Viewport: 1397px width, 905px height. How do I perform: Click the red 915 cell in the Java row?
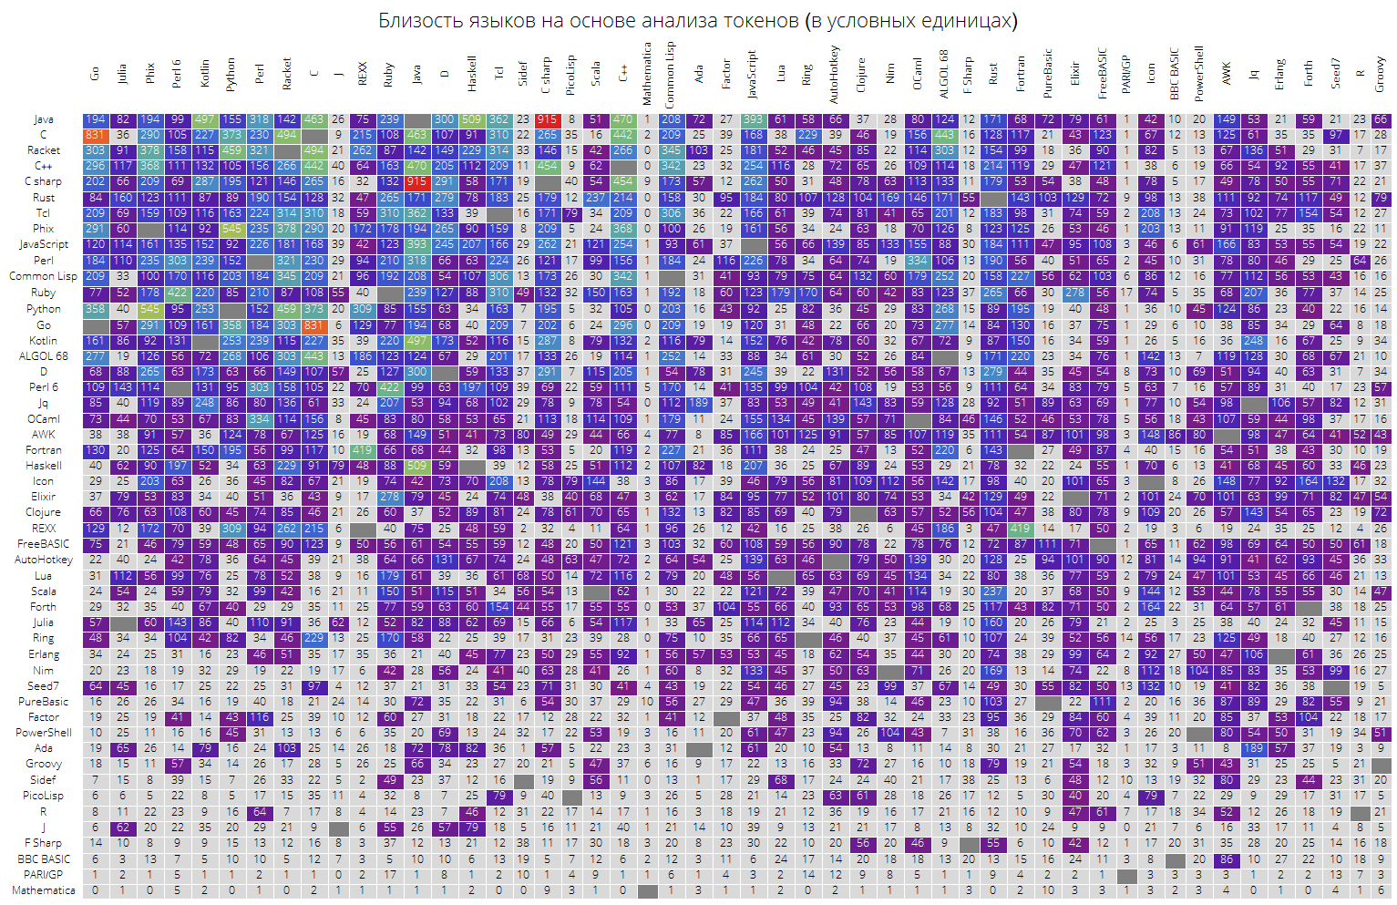point(547,119)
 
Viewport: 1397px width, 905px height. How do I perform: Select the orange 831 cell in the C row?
point(95,135)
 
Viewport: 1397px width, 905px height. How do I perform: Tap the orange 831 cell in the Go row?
point(313,324)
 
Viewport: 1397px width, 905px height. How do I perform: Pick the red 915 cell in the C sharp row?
point(416,181)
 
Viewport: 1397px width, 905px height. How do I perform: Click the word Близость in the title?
point(416,20)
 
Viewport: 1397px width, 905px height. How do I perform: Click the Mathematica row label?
point(44,890)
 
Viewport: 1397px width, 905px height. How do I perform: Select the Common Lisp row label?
point(43,276)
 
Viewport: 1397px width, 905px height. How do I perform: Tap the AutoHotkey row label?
point(44,560)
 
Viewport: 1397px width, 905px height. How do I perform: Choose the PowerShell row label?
point(44,733)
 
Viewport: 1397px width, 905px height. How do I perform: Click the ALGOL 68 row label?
point(43,355)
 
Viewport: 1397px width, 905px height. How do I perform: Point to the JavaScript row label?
point(44,244)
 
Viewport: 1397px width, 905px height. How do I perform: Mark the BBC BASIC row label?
point(44,859)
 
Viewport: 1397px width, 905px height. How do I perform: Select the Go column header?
point(95,73)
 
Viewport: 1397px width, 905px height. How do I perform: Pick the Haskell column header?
point(472,73)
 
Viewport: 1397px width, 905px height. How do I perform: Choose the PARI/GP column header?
point(1125,73)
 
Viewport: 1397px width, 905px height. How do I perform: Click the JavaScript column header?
point(753,73)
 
